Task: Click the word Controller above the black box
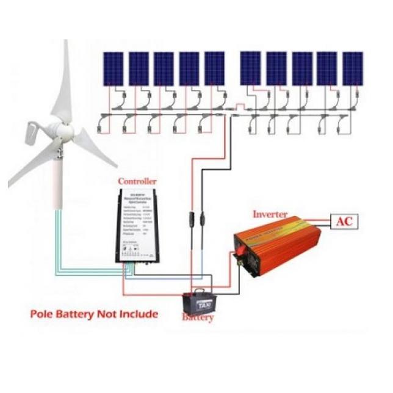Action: (x=137, y=181)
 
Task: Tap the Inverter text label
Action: (x=270, y=214)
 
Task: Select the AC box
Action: (x=344, y=221)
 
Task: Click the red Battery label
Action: (x=198, y=318)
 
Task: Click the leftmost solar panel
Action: (x=112, y=68)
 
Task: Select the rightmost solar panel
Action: (x=352, y=68)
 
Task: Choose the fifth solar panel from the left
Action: (x=214, y=68)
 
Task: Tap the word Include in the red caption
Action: (x=137, y=314)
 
